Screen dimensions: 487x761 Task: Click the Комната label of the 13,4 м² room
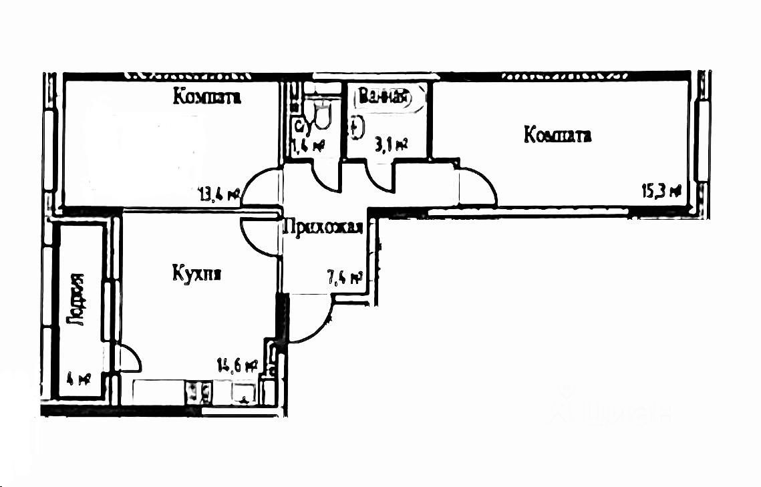207,97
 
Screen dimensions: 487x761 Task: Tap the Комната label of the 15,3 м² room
557,136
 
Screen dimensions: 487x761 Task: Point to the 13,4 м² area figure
219,195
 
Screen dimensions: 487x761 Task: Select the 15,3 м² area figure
661,191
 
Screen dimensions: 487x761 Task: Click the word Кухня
196,273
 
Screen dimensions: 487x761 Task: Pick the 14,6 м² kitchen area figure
237,365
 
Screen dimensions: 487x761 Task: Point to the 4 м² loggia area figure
79,380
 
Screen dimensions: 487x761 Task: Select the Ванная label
383,98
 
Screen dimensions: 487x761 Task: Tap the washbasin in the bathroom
356,127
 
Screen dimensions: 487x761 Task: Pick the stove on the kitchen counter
198,391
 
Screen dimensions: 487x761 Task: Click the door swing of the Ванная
380,177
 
